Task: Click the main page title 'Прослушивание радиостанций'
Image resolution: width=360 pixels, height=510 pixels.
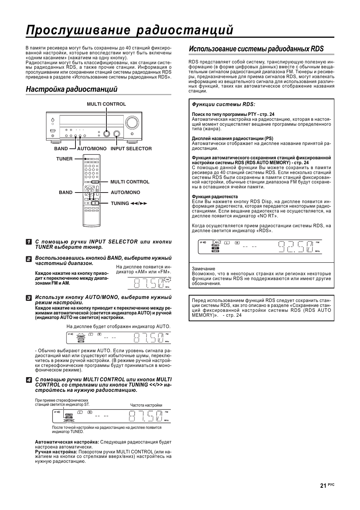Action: [x=129, y=30]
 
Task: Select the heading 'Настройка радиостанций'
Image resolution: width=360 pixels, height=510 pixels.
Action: [x=72, y=89]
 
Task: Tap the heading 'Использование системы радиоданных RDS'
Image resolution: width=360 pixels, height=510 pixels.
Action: [x=256, y=49]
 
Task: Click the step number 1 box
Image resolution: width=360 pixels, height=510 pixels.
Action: [x=29, y=242]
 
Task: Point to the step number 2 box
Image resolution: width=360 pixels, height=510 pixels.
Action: [x=29, y=259]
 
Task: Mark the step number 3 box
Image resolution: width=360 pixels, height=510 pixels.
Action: [x=29, y=298]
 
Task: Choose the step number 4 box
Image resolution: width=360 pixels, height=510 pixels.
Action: [x=29, y=380]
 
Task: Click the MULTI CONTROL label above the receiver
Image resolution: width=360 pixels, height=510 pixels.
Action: [x=106, y=104]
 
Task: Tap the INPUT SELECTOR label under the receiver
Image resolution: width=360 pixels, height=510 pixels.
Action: [x=131, y=149]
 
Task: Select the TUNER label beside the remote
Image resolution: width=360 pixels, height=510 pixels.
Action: [x=64, y=159]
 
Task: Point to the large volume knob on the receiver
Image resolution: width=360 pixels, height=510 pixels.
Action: [x=132, y=122]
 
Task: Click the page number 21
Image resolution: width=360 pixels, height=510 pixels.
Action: [x=323, y=486]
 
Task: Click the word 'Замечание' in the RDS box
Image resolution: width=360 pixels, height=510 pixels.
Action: [x=203, y=269]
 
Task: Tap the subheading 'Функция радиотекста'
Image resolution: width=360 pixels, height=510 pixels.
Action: [x=215, y=197]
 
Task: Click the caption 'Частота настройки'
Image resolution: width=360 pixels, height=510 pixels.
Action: [x=146, y=405]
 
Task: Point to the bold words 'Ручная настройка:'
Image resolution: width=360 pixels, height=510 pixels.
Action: [x=56, y=451]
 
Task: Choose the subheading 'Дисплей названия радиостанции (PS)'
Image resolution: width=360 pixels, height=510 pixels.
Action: [x=232, y=139]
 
